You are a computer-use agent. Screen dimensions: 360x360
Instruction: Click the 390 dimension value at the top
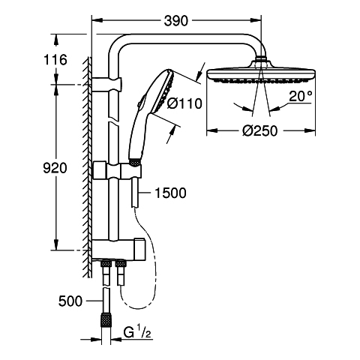175,21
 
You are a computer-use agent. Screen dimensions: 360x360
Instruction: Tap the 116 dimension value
55,60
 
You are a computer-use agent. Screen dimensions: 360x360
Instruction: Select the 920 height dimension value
55,168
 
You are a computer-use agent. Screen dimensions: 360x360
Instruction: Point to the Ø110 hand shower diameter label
184,103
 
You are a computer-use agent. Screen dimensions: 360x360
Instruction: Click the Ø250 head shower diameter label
260,130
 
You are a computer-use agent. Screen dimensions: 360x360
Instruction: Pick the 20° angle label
301,96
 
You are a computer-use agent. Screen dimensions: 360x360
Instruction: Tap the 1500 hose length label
170,193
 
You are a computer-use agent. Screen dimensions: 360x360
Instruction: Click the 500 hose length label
70,301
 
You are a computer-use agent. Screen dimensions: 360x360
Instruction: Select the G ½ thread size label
137,333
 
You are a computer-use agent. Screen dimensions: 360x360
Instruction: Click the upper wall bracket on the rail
106,85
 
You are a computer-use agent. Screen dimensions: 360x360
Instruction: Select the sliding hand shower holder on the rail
118,171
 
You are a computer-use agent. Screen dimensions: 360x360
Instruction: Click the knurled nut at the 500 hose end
106,319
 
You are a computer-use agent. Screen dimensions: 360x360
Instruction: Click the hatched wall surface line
88,167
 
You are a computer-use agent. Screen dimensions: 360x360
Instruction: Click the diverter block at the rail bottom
118,250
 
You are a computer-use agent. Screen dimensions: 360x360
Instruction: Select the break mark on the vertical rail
114,119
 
